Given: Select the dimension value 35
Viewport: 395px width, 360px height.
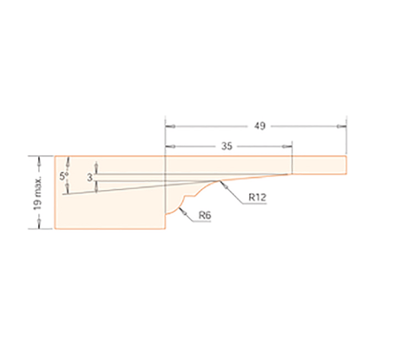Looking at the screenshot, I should [x=227, y=147].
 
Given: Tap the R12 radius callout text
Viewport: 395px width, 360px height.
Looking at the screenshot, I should [x=256, y=198].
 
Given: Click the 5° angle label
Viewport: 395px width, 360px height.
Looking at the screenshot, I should [x=63, y=176].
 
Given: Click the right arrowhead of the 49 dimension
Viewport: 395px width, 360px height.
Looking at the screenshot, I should [x=343, y=126].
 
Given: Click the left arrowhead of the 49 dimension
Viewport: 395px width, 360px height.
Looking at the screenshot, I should [x=168, y=126].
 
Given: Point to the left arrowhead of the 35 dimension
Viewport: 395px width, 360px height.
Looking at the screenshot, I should [x=168, y=147].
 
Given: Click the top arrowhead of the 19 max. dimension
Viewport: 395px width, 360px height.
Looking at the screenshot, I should [x=41, y=159].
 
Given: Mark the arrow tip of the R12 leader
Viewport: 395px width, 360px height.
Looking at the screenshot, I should [x=222, y=183].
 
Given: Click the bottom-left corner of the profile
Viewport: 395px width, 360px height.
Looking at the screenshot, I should [x=55, y=230].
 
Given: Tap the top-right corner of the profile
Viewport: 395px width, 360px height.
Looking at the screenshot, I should [x=347, y=156].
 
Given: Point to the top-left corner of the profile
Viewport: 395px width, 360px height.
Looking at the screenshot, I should [x=55, y=156].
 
